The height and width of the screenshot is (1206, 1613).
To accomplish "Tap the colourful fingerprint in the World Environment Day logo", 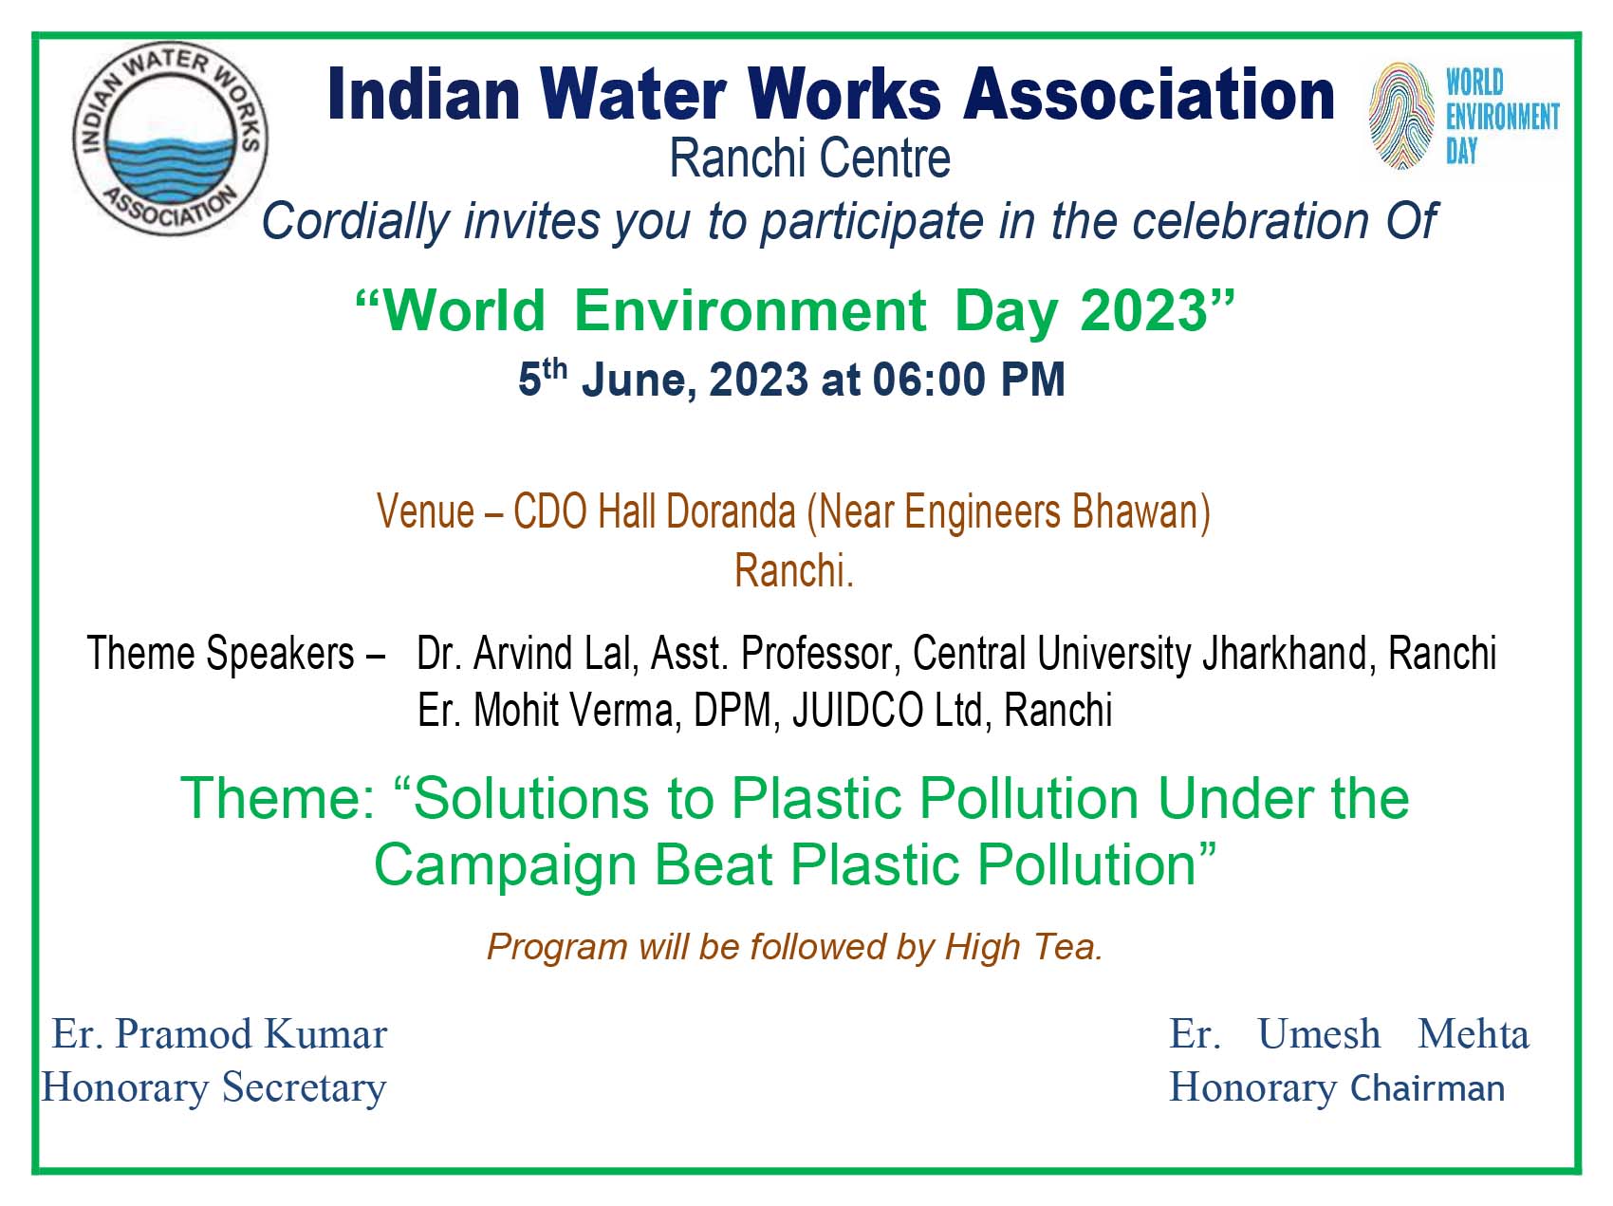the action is [1400, 116].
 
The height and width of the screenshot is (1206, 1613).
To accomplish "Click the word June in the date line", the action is [633, 380].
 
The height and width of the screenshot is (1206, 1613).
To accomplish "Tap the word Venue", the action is [425, 511].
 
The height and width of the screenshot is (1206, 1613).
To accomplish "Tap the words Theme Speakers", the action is [220, 655].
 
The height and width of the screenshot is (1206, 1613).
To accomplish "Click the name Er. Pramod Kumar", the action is [219, 1033].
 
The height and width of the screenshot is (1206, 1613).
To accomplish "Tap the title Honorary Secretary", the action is [213, 1087].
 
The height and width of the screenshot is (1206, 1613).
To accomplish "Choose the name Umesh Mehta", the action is [1394, 1033].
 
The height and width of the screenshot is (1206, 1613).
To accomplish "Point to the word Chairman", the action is [1427, 1088].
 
